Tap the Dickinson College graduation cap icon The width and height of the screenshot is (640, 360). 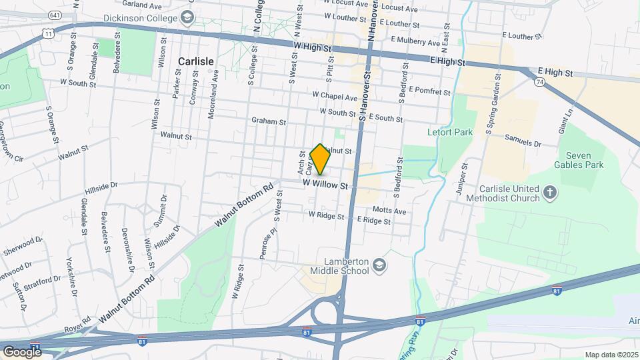188,16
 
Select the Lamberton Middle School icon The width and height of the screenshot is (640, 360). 379,266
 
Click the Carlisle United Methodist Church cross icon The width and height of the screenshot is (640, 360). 550,193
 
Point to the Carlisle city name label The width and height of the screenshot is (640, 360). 196,61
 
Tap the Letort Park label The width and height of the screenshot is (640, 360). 450,132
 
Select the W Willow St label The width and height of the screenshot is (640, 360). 326,183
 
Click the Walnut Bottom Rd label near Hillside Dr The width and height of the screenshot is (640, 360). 245,205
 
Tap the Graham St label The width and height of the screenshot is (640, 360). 269,122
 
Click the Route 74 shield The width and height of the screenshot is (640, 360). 539,81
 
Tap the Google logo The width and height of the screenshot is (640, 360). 21,351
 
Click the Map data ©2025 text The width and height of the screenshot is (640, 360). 610,355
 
